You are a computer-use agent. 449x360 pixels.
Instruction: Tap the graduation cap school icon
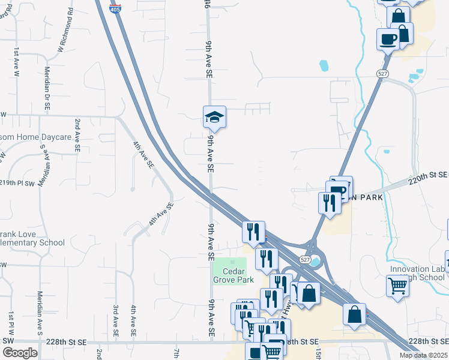pos(214,117)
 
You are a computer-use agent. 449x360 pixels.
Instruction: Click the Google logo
pos(20,352)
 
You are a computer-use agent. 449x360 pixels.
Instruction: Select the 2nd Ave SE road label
pos(77,134)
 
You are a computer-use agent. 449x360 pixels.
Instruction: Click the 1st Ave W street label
pos(17,62)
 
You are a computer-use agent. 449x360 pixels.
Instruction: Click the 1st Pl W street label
pos(10,324)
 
